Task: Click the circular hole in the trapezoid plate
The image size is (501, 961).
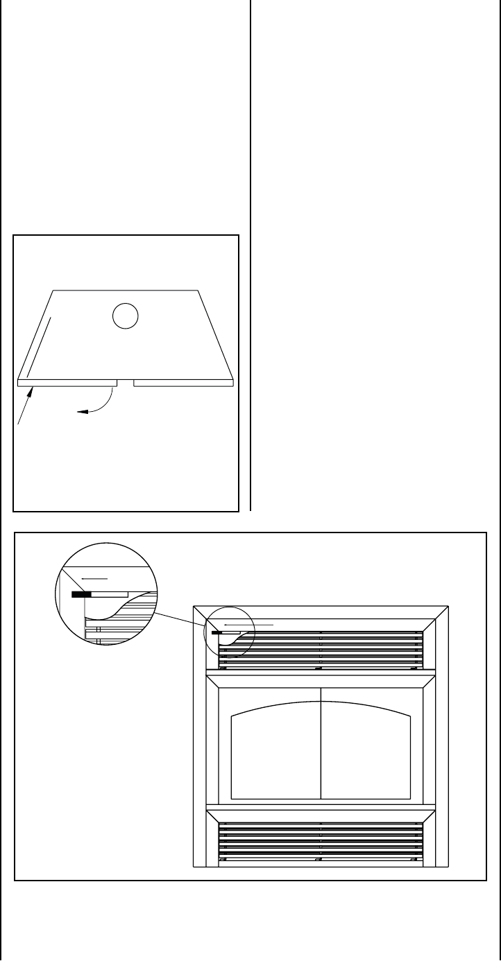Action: (x=126, y=316)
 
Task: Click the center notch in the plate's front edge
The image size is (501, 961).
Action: (x=125, y=381)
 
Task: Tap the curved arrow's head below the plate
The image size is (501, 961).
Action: (x=80, y=412)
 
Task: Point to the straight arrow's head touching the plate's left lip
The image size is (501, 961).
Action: (x=30, y=391)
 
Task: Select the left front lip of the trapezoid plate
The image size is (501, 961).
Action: (x=67, y=381)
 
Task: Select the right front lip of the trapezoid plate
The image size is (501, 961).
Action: (x=183, y=381)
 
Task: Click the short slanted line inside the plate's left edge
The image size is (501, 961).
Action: (x=38, y=346)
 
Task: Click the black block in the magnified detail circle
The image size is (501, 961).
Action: (x=81, y=594)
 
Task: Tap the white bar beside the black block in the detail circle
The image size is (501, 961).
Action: (x=110, y=594)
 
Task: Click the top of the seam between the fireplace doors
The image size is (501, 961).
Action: (x=321, y=688)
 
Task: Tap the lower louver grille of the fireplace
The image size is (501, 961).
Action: (x=321, y=840)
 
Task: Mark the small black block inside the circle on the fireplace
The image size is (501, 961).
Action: (x=216, y=632)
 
